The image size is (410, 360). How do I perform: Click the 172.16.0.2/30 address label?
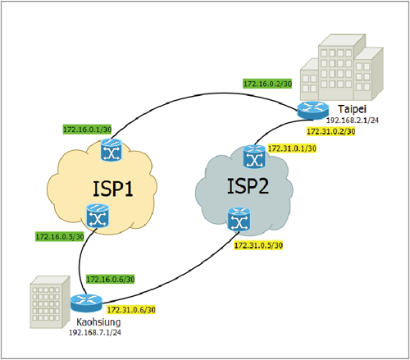click(267, 84)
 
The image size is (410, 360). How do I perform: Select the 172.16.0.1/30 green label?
click(87, 130)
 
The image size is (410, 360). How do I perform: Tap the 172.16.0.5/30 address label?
click(60, 236)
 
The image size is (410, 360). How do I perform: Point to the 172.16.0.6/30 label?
click(111, 279)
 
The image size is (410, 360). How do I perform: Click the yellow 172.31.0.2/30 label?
click(330, 131)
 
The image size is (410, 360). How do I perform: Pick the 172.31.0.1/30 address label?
click(292, 148)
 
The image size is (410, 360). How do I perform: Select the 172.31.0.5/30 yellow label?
click(258, 245)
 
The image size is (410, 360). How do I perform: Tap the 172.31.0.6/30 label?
click(131, 310)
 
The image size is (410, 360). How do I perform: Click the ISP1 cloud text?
click(113, 189)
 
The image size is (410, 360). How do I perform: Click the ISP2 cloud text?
click(248, 186)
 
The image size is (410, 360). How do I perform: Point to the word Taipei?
click(352, 109)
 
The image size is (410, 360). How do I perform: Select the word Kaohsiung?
click(98, 322)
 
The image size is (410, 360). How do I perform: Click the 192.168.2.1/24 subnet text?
click(353, 121)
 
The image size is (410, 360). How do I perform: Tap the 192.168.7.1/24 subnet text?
click(95, 333)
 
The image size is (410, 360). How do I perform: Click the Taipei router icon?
click(313, 111)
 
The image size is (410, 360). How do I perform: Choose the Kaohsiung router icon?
click(86, 303)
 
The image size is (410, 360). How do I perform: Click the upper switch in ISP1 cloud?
click(112, 150)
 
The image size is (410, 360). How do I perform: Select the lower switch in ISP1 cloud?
click(98, 216)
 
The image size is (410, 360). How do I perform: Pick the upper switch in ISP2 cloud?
click(254, 157)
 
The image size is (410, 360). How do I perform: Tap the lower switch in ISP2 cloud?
click(239, 219)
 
